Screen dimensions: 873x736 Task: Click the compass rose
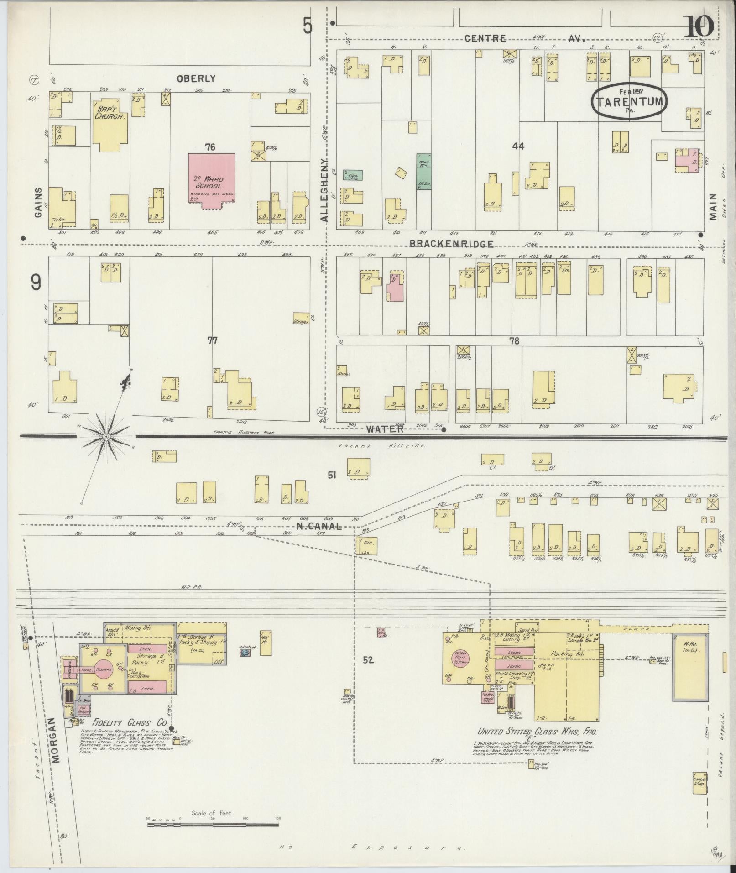pyautogui.click(x=106, y=436)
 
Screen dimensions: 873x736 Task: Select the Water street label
pyautogui.click(x=385, y=429)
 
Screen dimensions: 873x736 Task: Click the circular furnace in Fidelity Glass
pyautogui.click(x=104, y=669)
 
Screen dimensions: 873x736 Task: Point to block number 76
pyautogui.click(x=210, y=147)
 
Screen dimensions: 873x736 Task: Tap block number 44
pyautogui.click(x=518, y=146)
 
